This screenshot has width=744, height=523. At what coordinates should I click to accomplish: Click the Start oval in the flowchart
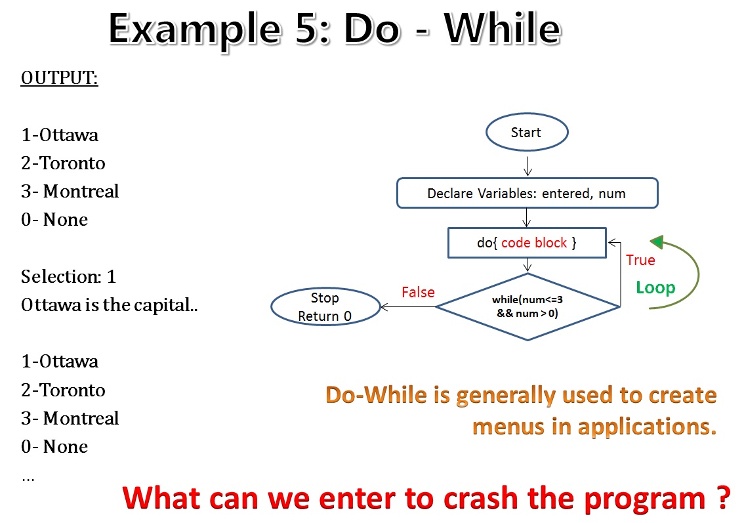tap(526, 133)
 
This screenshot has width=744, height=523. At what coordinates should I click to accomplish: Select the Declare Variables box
tap(526, 194)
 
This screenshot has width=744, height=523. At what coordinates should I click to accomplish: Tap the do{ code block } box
tap(526, 243)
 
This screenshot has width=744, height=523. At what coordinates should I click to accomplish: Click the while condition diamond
tap(527, 306)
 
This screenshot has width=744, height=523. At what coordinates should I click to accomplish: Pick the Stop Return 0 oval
tap(325, 307)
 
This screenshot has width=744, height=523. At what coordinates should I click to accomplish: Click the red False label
tap(418, 292)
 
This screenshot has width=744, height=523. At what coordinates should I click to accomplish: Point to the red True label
tap(640, 260)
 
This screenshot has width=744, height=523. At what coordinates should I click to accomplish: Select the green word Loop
tap(655, 287)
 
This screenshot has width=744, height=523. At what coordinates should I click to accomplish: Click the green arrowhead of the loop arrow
tap(658, 243)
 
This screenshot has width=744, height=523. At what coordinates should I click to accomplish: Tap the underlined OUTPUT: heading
tap(60, 78)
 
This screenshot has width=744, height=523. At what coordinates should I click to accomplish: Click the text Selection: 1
tap(68, 277)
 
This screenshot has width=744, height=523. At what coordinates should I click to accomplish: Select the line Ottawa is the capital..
tap(109, 305)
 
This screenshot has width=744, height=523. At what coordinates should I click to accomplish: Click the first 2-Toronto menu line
tap(63, 163)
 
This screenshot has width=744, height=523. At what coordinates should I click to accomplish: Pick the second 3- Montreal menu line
tap(70, 418)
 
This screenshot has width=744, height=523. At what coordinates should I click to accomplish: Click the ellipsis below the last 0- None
tap(28, 478)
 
